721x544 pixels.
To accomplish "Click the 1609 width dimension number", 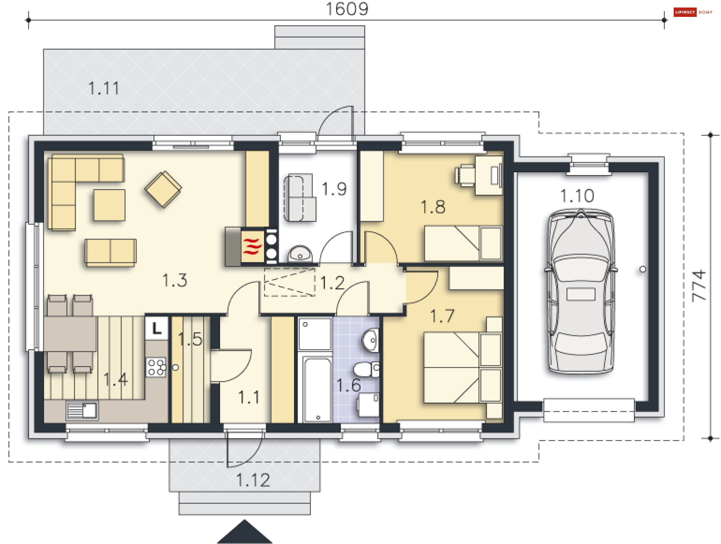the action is pyautogui.click(x=347, y=9).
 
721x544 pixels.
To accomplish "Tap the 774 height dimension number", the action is pyautogui.click(x=699, y=285).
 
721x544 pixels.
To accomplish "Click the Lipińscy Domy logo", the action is pyautogui.click(x=693, y=12).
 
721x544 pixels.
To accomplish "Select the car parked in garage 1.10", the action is pyautogui.click(x=581, y=291).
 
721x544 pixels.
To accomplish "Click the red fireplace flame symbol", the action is pyautogui.click(x=252, y=247).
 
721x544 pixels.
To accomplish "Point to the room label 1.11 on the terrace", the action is pyautogui.click(x=104, y=89).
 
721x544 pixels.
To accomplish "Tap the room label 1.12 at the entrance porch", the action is pyautogui.click(x=253, y=480).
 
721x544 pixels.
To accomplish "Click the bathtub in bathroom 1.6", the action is pyautogui.click(x=318, y=389).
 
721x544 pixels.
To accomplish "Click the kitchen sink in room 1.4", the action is pyautogui.click(x=82, y=410).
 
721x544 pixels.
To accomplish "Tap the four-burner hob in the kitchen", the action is pyautogui.click(x=156, y=367).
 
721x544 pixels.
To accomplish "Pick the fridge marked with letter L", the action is pyautogui.click(x=156, y=329).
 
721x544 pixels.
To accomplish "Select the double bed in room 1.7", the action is pyautogui.click(x=463, y=368).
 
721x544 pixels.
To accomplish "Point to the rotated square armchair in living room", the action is pyautogui.click(x=163, y=189).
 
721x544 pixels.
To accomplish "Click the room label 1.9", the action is pyautogui.click(x=334, y=189).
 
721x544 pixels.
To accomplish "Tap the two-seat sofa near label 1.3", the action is pyautogui.click(x=110, y=252).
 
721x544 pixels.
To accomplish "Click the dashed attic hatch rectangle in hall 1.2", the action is pyautogui.click(x=290, y=282).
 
